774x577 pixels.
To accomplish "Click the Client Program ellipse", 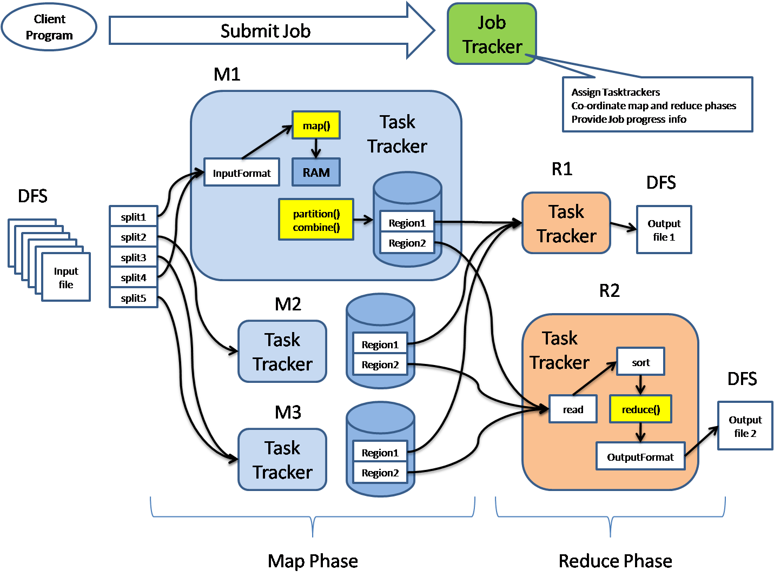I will pos(49,27).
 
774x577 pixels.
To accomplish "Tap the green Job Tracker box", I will pos(492,34).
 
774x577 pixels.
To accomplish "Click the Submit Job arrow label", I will pos(265,31).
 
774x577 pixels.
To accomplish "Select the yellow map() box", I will pos(316,125).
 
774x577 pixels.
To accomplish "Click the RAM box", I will pos(316,173).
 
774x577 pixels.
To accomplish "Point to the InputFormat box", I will pos(241,173).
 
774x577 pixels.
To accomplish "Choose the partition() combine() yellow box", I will pos(316,220).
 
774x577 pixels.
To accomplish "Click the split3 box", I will pos(134,257).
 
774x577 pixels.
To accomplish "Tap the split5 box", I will pos(134,298).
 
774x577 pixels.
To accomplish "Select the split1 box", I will pos(134,217).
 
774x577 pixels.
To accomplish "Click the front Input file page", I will pos(66,277).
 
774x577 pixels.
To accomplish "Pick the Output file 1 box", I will pos(664,230).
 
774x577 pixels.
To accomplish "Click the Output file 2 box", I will pos(745,426).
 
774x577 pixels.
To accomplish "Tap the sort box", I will pos(640,362).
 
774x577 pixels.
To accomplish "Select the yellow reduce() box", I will pos(640,409).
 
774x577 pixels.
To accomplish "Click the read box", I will pos(573,409).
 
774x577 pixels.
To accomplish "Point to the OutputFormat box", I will pos(640,457).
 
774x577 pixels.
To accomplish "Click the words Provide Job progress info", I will pos(629,120).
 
